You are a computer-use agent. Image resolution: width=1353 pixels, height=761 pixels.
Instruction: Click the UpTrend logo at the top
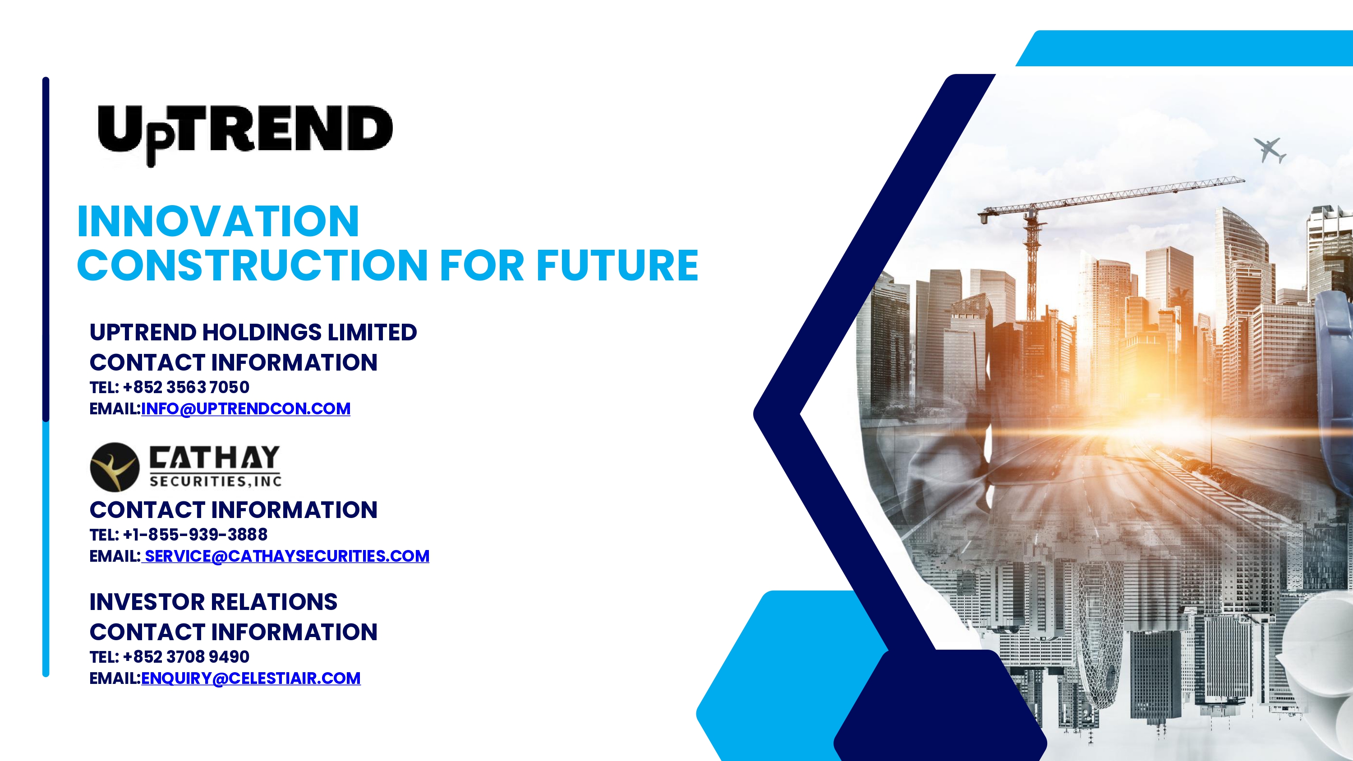pyautogui.click(x=245, y=135)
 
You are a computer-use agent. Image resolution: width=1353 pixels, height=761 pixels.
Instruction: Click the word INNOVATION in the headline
pyautogui.click(x=218, y=222)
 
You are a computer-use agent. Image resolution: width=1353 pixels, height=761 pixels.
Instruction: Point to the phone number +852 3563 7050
pyautogui.click(x=186, y=387)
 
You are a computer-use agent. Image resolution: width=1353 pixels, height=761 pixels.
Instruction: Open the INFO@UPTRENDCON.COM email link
pyautogui.click(x=246, y=408)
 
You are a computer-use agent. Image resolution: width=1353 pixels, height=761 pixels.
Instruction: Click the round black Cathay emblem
pyautogui.click(x=115, y=467)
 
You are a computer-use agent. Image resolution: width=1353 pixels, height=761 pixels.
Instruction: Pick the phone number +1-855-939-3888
pyautogui.click(x=195, y=535)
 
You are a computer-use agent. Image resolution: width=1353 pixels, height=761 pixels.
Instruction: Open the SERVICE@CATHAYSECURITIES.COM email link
pyautogui.click(x=287, y=556)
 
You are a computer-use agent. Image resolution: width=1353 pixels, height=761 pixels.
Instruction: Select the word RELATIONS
pyautogui.click(x=274, y=602)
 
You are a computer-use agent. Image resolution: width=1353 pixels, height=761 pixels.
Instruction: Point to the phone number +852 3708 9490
pyautogui.click(x=186, y=656)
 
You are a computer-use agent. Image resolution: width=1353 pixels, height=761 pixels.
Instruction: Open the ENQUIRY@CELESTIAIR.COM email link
pyautogui.click(x=251, y=678)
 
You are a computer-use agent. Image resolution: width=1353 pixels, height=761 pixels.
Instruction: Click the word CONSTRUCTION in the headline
pyautogui.click(x=253, y=265)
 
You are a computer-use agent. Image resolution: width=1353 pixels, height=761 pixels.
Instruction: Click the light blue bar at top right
pyautogui.click(x=1184, y=48)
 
